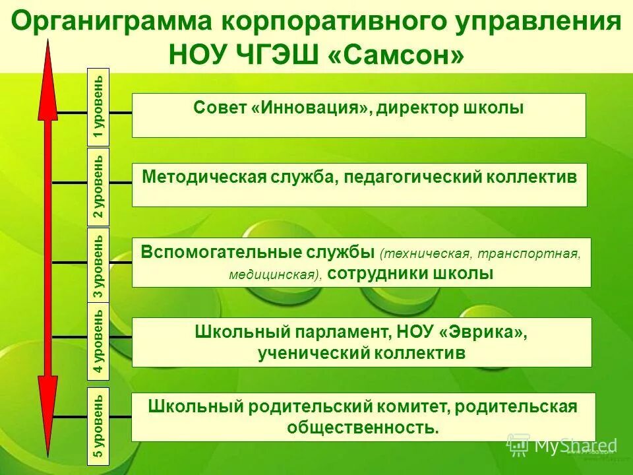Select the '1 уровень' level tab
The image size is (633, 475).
[x=98, y=106]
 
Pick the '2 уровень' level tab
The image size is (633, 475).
[x=98, y=187]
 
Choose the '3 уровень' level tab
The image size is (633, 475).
[x=98, y=265]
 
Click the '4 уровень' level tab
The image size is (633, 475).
[x=98, y=342]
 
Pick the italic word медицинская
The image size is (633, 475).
[x=272, y=274]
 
